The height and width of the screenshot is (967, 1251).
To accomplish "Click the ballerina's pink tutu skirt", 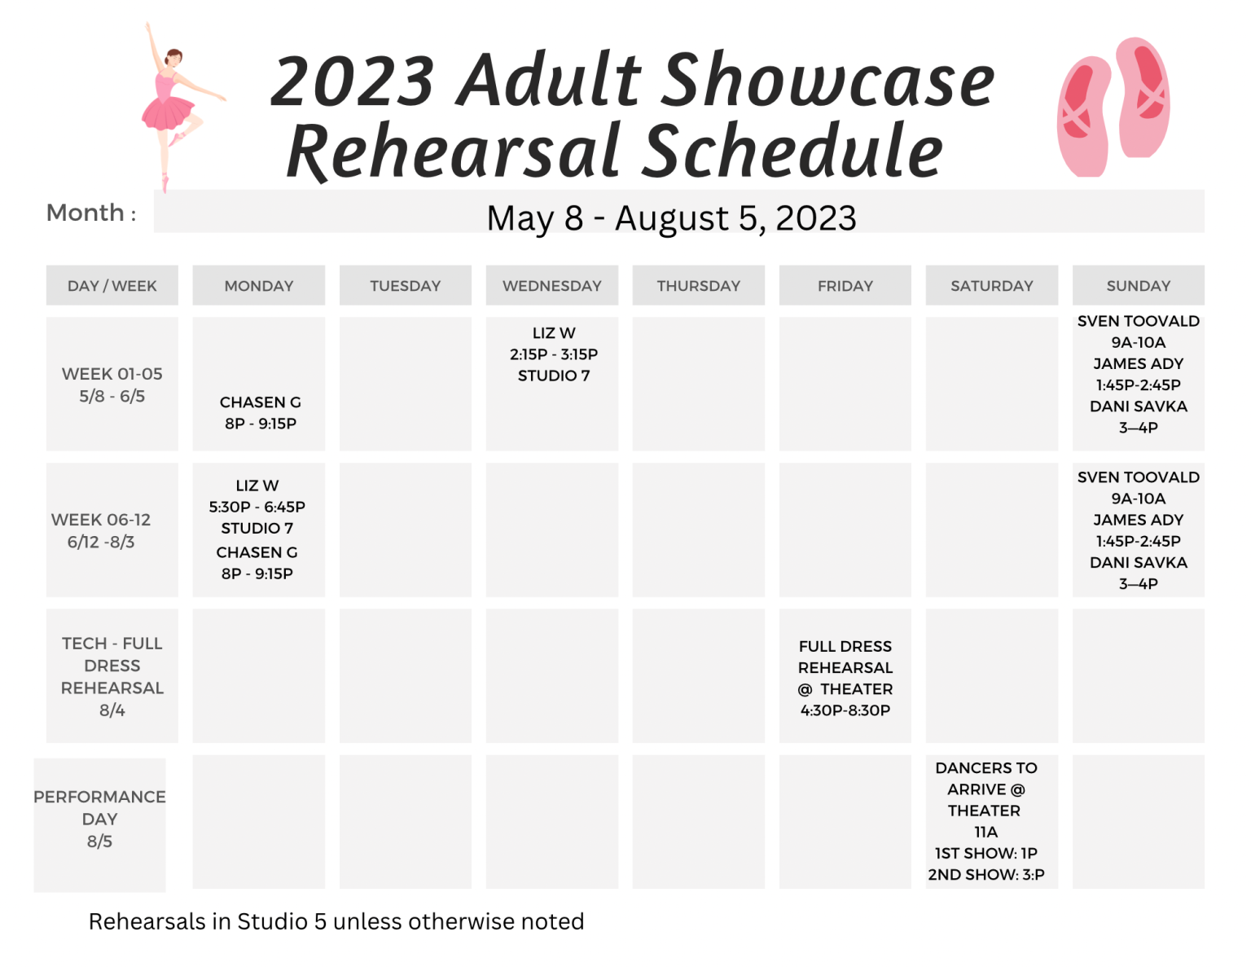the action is [x=168, y=112].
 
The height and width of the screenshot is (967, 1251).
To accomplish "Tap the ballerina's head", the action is [x=173, y=58].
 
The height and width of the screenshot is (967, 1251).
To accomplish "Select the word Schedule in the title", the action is [x=792, y=151].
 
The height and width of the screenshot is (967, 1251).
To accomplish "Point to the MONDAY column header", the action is [x=258, y=285].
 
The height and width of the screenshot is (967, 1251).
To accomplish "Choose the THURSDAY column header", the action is [x=698, y=285].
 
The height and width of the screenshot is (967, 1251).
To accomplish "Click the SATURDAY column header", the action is [x=991, y=285].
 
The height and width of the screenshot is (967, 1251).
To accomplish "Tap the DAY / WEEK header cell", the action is [x=112, y=285].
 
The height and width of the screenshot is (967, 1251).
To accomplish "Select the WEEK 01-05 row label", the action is [x=112, y=385].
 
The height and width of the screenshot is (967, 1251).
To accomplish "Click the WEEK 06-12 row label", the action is [x=101, y=530].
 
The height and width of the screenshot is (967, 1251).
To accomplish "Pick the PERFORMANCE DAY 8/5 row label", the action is [x=99, y=819].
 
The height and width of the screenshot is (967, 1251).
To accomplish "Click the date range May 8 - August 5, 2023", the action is [x=671, y=218].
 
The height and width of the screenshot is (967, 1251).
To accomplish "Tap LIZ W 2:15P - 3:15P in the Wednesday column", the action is [x=553, y=344].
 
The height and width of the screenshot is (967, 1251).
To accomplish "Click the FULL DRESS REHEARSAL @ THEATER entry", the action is [x=845, y=668].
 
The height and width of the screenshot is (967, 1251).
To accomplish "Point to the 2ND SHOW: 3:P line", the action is [x=985, y=874].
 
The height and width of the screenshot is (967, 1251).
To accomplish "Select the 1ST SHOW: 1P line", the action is [x=985, y=853].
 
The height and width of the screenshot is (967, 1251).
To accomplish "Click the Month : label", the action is [x=91, y=213].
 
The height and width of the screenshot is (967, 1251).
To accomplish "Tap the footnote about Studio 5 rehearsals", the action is [x=336, y=921].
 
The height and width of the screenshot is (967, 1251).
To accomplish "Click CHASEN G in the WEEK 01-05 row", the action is [x=260, y=402].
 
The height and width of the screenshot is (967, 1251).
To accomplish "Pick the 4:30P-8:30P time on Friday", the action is [x=845, y=710].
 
